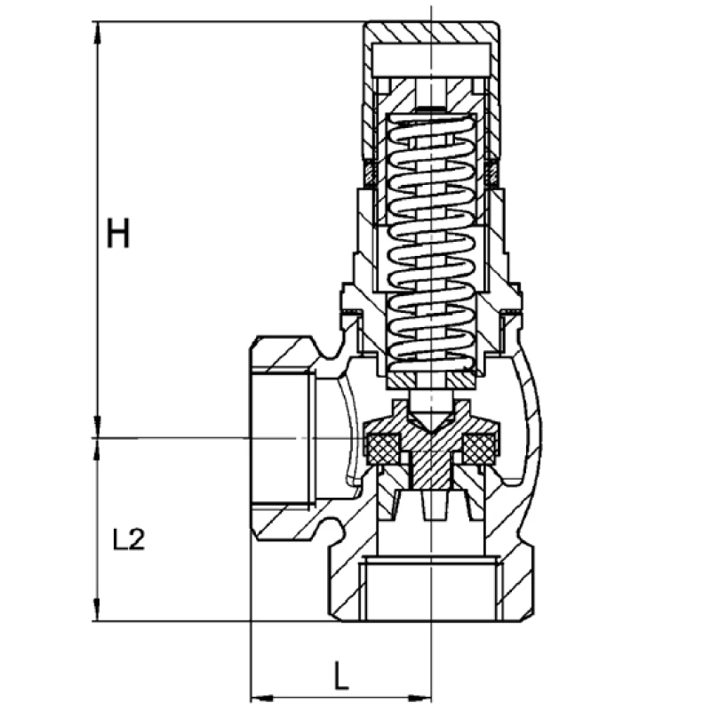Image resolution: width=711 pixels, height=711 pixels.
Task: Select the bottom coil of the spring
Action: (433, 360)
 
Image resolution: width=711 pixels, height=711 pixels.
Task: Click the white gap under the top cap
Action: (431, 60)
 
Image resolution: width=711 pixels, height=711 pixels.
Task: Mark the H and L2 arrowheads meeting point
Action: (96, 437)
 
